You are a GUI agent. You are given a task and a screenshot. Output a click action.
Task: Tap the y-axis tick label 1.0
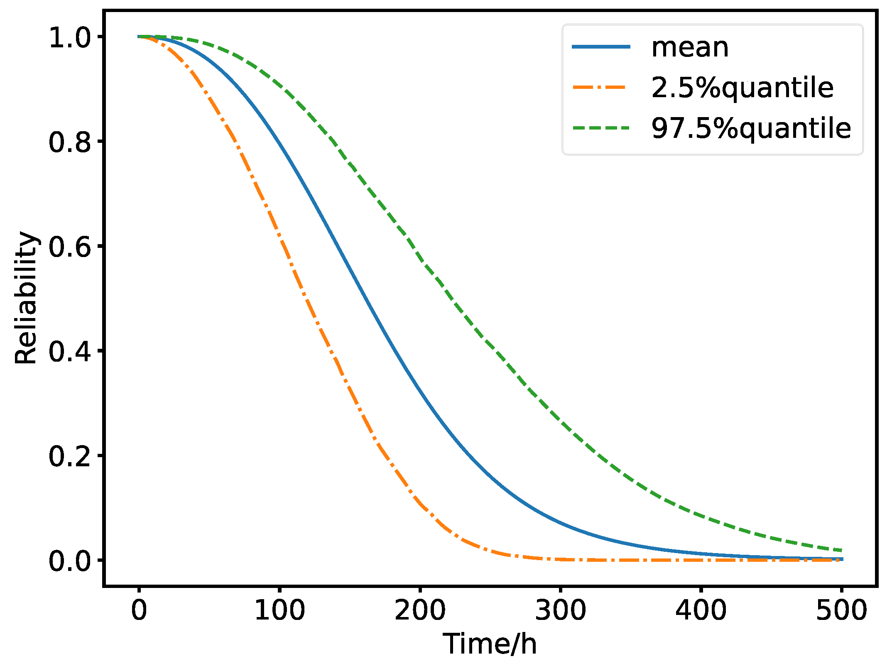[x=70, y=38]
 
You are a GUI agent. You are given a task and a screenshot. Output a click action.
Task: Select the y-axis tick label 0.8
[x=70, y=143]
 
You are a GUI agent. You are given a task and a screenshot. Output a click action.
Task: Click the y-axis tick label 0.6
[x=70, y=247]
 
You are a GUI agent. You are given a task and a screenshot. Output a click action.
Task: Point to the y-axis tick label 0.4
[x=70, y=352]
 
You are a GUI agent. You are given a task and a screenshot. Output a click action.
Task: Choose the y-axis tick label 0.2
[x=70, y=457]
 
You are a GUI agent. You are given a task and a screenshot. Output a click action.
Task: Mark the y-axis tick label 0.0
[x=70, y=561]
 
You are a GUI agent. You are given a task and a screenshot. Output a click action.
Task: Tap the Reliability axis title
[x=26, y=298]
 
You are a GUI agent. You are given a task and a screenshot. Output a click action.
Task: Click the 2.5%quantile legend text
[x=743, y=88]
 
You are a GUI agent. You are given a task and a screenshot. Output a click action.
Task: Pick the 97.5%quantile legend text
[x=751, y=128]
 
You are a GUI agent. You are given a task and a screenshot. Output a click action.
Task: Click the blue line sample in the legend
[x=601, y=47]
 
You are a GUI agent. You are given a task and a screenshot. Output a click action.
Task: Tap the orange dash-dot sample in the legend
[x=601, y=87]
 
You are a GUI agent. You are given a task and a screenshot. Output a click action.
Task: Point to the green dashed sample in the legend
[x=601, y=128]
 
